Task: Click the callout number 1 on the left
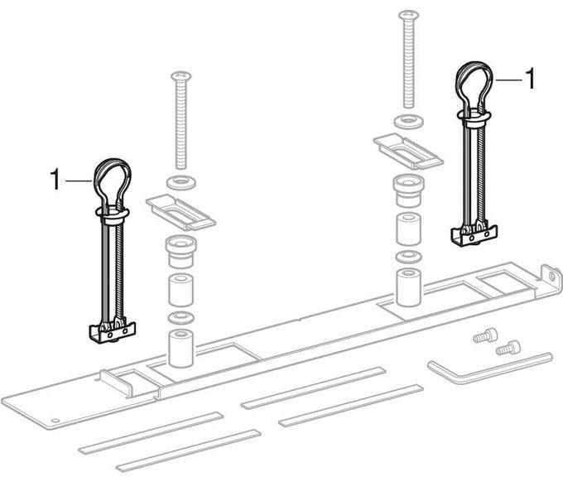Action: [x=55, y=180]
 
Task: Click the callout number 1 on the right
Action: [x=530, y=79]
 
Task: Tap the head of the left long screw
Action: [x=181, y=76]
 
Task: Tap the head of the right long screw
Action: [x=408, y=15]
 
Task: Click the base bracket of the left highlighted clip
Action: [x=112, y=333]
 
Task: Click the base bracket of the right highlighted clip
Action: [x=474, y=236]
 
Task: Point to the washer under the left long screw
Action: [x=181, y=182]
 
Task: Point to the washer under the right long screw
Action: [x=408, y=121]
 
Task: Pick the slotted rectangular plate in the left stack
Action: [x=180, y=212]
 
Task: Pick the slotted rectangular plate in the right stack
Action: [x=408, y=152]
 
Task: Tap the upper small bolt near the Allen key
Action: [x=485, y=335]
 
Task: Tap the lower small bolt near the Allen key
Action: [x=508, y=348]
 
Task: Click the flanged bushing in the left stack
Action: [x=180, y=251]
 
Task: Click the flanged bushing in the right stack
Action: [x=409, y=190]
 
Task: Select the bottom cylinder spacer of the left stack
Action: [x=180, y=348]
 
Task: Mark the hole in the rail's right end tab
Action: [x=552, y=276]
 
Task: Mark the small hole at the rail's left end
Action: [x=55, y=420]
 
